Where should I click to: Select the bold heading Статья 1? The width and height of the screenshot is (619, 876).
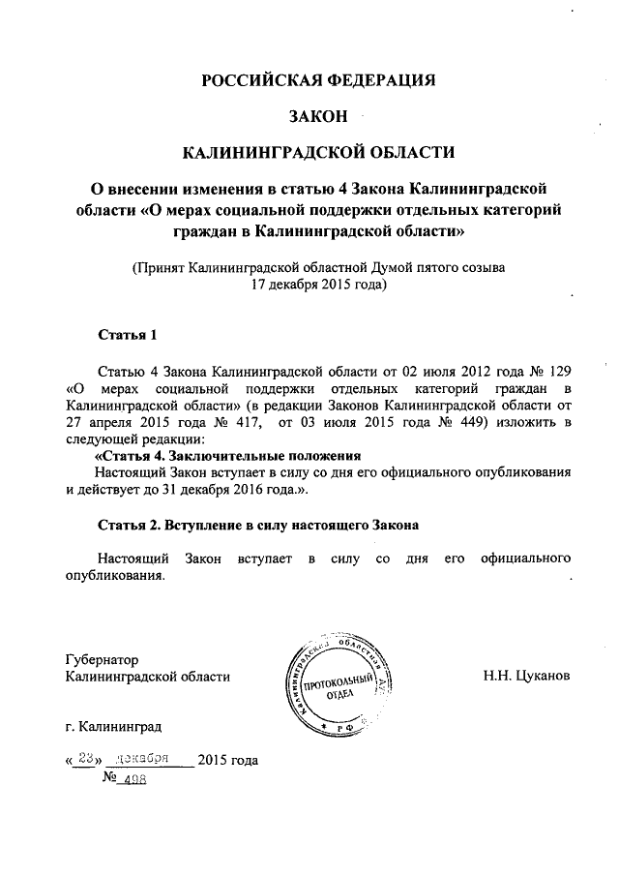tap(128, 336)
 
